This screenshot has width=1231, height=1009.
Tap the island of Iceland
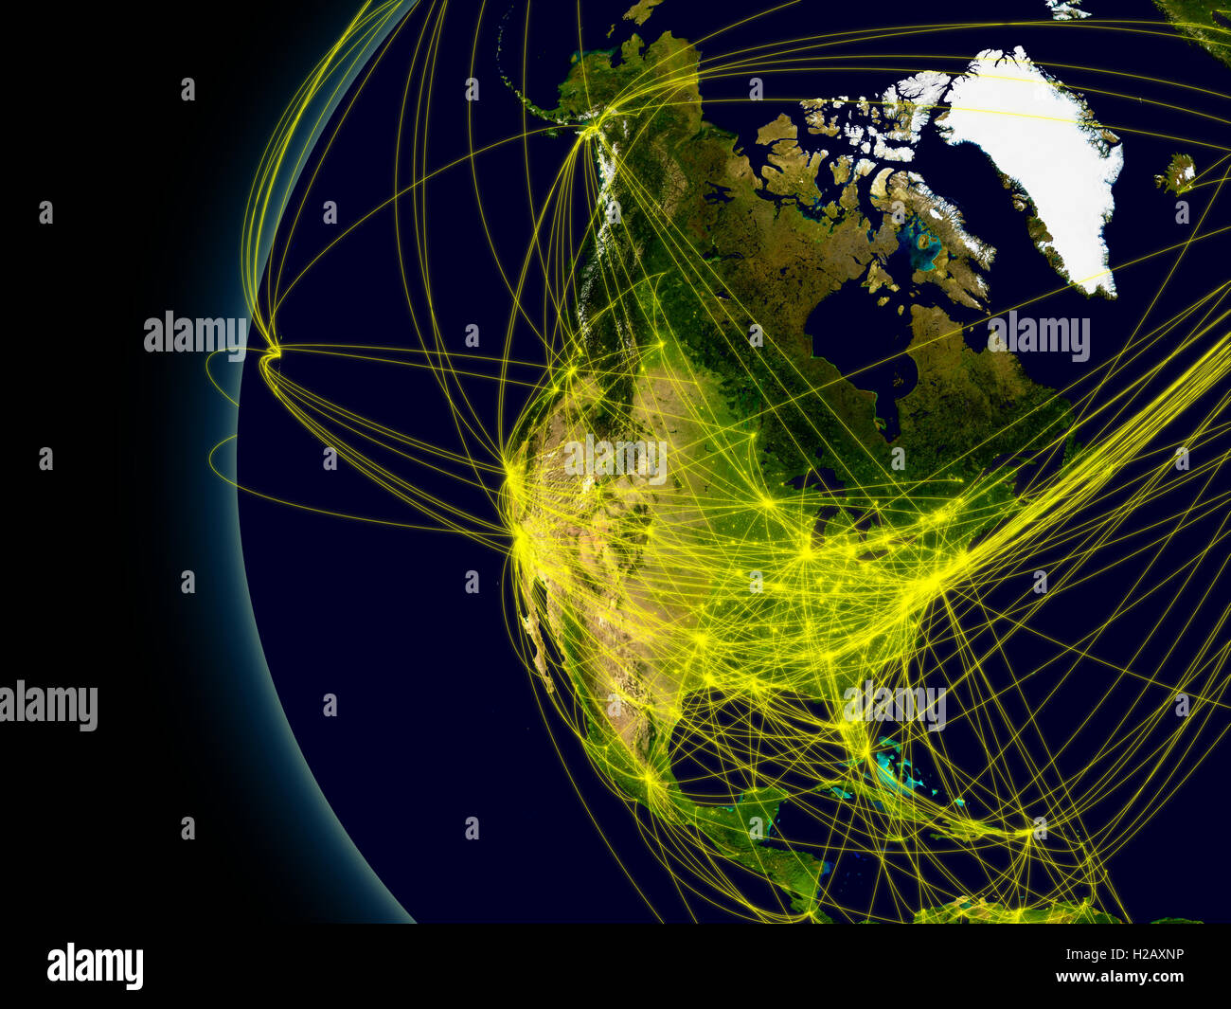pos(1175,174)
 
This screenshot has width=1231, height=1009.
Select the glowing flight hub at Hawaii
pos(274,353)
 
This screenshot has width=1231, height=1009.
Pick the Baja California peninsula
pos(542,654)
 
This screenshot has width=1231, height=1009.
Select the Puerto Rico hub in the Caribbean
pos(1029,834)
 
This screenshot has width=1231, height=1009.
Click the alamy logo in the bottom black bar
pos(95,966)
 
